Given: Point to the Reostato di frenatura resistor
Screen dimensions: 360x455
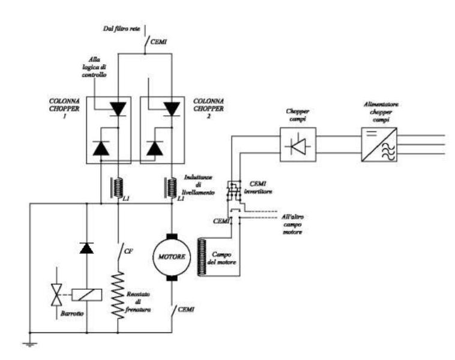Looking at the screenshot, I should click(117, 294).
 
